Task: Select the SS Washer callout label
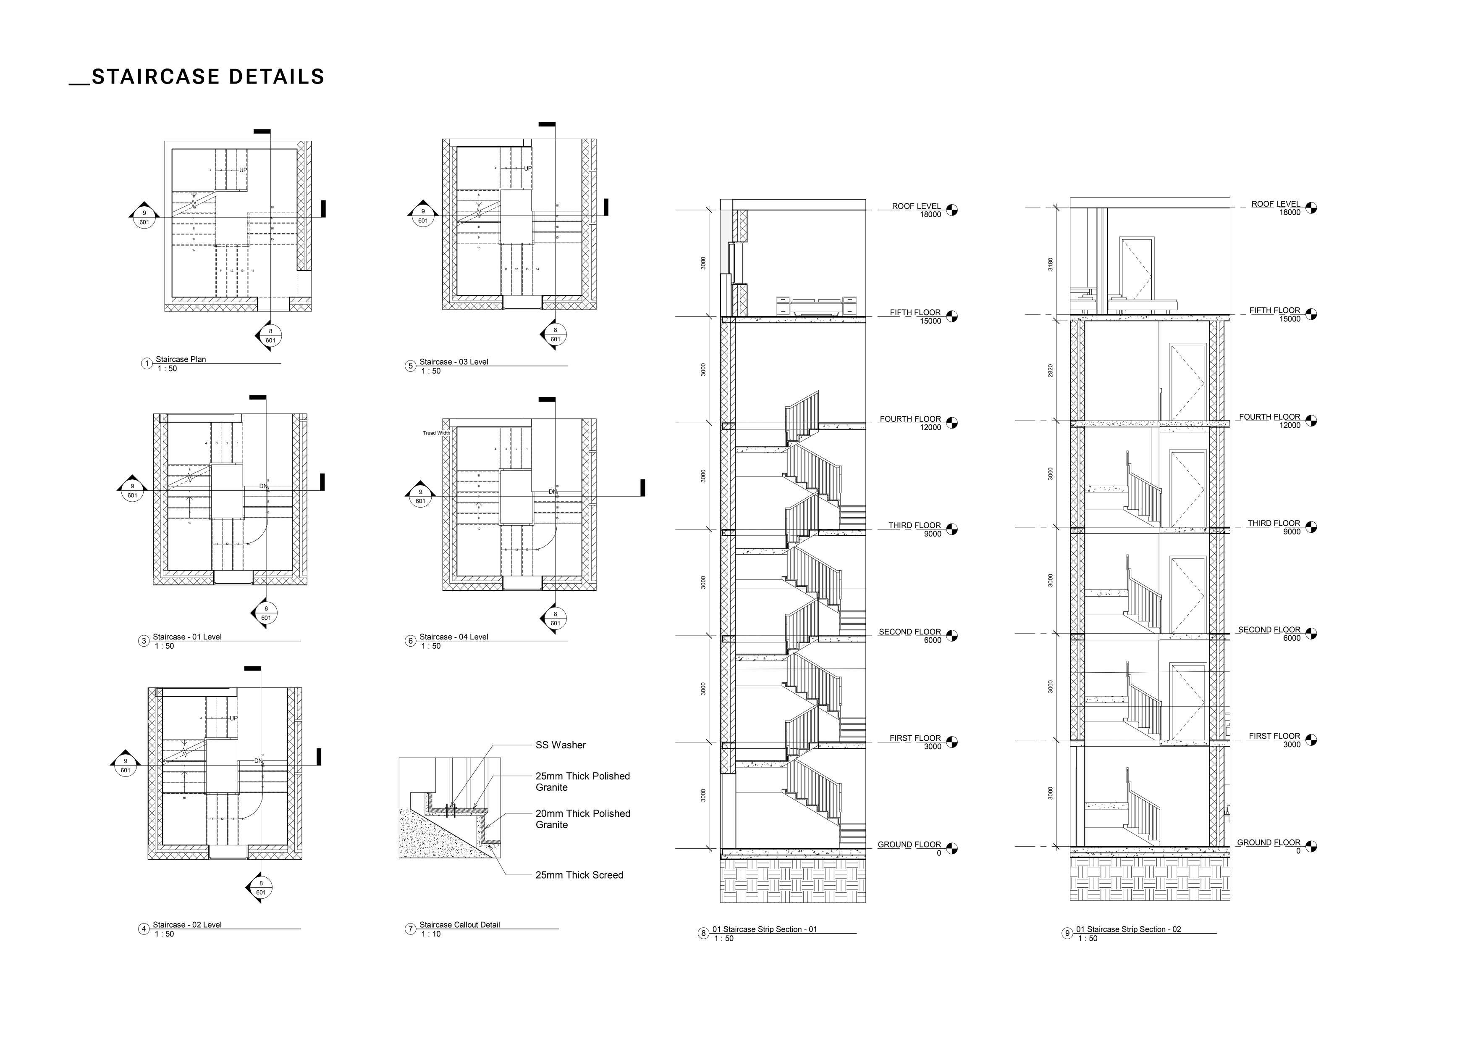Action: (560, 745)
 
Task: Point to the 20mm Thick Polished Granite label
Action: (582, 818)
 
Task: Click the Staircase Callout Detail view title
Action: (459, 924)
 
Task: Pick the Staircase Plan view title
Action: (180, 360)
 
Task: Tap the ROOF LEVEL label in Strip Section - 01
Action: (916, 206)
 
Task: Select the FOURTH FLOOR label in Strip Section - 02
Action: (1269, 417)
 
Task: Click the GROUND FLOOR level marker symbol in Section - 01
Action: (951, 849)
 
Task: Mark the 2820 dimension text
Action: (1050, 371)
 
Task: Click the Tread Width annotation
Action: (436, 433)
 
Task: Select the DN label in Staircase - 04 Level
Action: (553, 492)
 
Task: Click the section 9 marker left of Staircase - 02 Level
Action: (125, 765)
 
